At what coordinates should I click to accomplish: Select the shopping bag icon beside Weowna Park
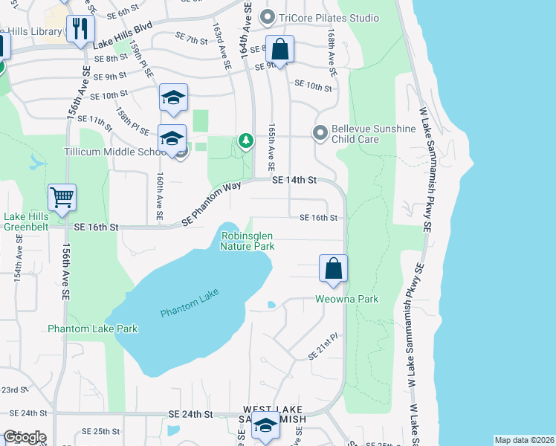point(334,268)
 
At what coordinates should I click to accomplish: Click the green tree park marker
point(245,140)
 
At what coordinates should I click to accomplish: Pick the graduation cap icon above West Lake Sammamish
point(265,427)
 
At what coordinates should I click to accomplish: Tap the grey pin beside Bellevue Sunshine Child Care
point(320,133)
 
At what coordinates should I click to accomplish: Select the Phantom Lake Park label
point(93,328)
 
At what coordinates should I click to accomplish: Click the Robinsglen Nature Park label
point(248,241)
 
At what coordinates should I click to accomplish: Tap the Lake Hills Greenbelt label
point(26,222)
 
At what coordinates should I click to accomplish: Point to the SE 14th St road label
point(294,180)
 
